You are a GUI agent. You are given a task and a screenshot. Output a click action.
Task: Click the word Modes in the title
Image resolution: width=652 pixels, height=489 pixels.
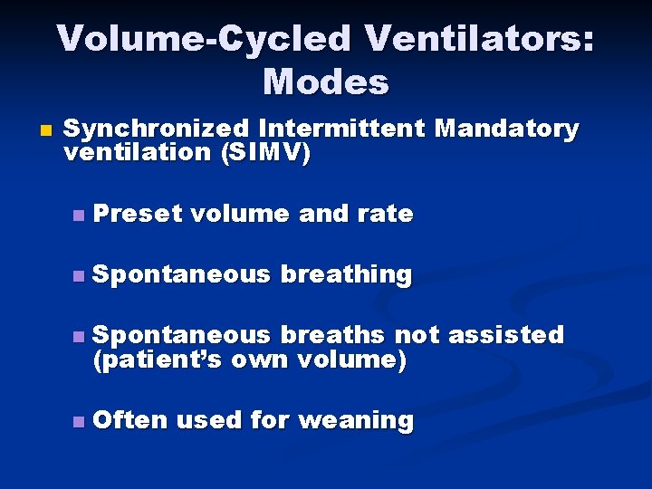326,82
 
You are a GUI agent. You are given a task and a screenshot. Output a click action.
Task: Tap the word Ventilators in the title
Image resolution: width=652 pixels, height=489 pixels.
476,39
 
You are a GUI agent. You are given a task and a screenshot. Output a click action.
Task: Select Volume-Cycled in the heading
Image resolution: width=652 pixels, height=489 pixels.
203,39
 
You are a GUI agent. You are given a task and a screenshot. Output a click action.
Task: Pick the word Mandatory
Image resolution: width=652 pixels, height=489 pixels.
506,129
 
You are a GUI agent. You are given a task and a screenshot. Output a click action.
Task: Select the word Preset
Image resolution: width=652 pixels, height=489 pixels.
138,214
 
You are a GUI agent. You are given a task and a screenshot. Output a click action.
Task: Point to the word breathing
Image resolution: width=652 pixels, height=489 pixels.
346,273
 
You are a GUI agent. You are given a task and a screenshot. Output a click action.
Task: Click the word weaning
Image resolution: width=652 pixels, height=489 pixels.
356,420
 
